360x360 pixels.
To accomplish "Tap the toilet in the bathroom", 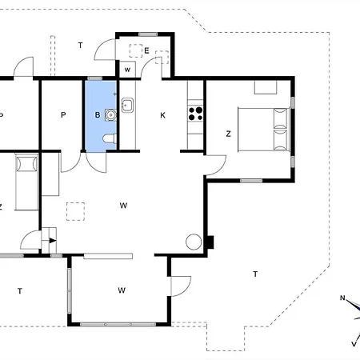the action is coord(110,138).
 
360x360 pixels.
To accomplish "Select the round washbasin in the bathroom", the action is coord(110,115).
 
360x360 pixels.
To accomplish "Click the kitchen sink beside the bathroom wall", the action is coord(127,106).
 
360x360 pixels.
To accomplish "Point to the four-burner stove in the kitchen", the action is coord(195,114).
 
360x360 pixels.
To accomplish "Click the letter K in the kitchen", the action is coord(162,115).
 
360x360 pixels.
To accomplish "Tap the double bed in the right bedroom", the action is coord(263,130).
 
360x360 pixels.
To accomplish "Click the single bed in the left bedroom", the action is coord(26,182).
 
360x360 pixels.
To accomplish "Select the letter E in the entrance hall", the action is coord(146,50).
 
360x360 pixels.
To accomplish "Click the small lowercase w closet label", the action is coord(127,70).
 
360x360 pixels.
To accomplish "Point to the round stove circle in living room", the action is coord(194,242).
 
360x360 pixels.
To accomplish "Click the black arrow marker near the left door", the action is coord(53,241).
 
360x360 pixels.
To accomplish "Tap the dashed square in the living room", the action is coord(75,211).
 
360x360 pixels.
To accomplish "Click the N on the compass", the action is coord(342,298).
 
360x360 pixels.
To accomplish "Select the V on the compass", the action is coord(354,344).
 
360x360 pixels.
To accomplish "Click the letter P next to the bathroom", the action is coord(63,115).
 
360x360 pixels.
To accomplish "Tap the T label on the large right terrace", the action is coord(255,274).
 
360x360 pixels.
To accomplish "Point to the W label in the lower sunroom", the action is coord(122,290).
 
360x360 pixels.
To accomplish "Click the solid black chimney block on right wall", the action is coord(210,242).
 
